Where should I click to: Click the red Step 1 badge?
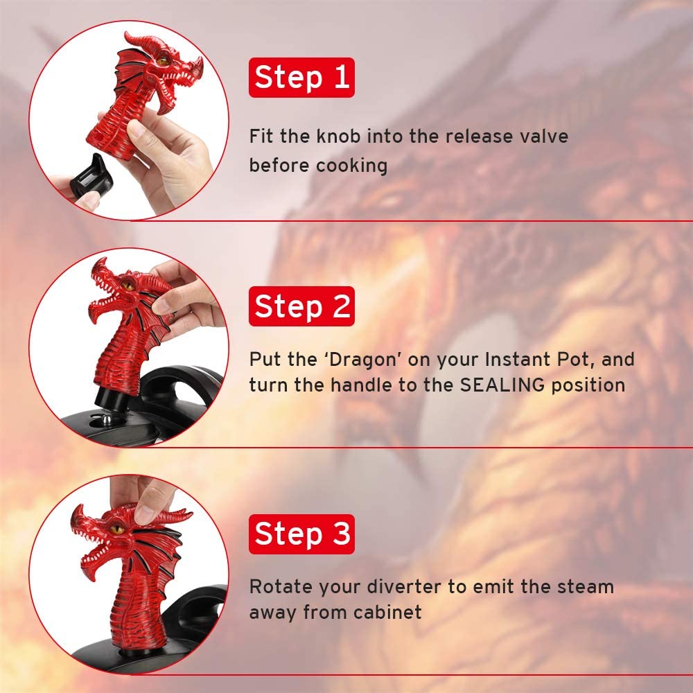point(301,78)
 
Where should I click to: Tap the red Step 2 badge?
point(301,306)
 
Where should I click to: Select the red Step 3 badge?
point(301,534)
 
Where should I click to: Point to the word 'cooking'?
point(351,166)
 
